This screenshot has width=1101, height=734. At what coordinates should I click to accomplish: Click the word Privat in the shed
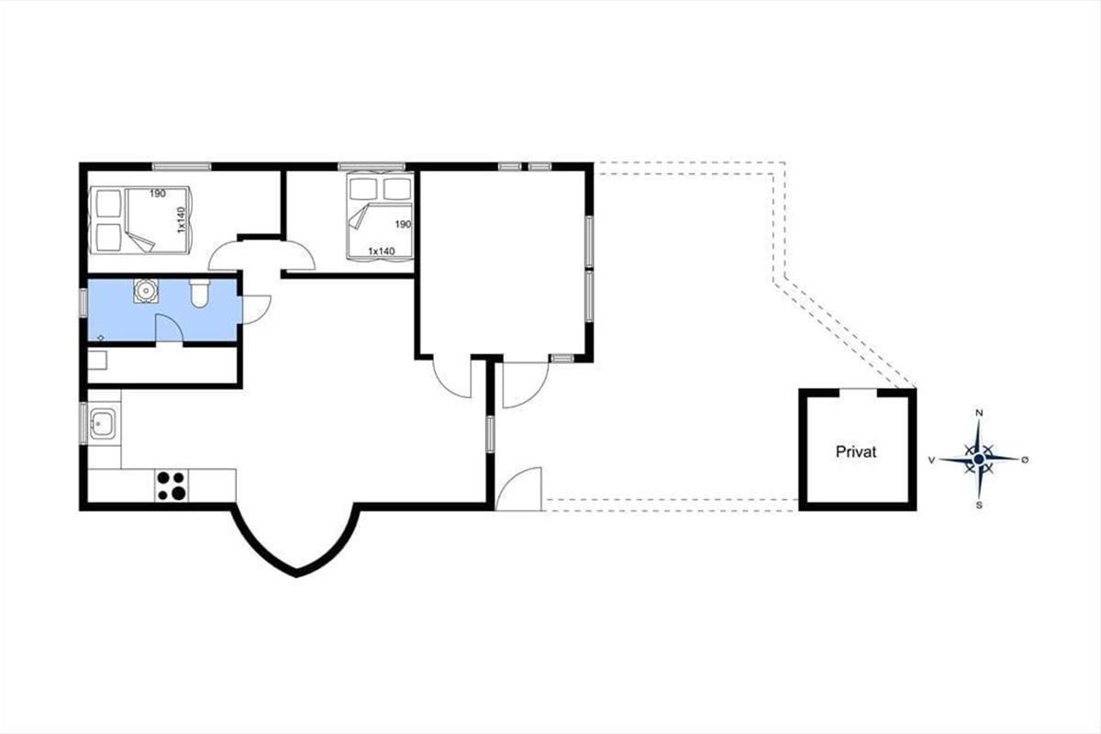856,451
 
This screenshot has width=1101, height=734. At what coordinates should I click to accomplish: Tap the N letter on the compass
979,413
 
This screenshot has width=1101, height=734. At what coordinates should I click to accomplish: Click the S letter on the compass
979,506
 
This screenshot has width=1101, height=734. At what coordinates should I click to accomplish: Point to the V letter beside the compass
931,461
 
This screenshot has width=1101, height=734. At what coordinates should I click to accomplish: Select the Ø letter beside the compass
1025,460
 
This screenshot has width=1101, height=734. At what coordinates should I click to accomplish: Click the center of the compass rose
979,459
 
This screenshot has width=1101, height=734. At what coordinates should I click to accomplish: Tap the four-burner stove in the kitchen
172,485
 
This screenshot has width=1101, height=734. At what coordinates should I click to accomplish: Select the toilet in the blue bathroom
200,293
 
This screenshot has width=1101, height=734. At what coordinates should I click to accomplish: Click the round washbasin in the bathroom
146,291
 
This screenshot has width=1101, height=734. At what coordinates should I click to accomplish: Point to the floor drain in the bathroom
101,338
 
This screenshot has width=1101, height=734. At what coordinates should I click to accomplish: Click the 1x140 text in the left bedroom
181,220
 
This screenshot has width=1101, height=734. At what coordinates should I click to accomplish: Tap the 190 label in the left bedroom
157,194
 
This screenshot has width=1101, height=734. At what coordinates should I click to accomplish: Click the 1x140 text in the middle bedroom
382,251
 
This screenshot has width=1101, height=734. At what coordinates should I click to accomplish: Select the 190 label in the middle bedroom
403,224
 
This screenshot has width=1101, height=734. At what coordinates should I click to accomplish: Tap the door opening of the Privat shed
858,391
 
